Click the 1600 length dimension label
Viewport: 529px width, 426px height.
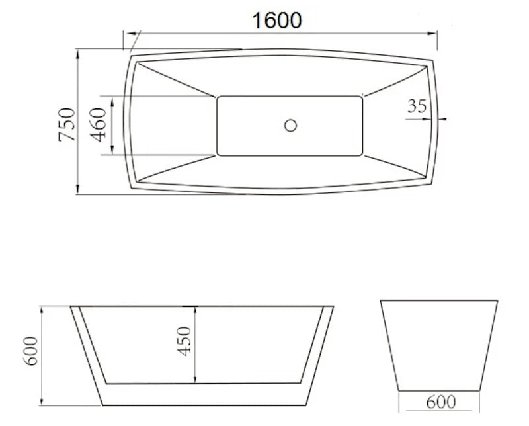277,20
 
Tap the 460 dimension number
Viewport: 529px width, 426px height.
99,126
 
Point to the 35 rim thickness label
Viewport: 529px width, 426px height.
417,106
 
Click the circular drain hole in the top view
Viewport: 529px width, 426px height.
290,124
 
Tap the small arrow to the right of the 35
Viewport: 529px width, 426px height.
442,119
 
